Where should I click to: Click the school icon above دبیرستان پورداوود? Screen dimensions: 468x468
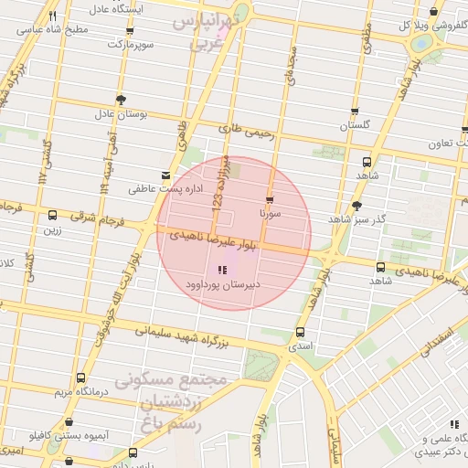pyautogui.click(x=220, y=270)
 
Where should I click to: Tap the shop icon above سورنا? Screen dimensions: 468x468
pyautogui.click(x=269, y=199)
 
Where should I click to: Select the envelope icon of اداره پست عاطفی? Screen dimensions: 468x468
pyautogui.click(x=165, y=175)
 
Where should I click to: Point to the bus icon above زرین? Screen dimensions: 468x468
pyautogui.click(x=52, y=216)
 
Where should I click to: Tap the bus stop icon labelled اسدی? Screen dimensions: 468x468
pyautogui.click(x=301, y=333)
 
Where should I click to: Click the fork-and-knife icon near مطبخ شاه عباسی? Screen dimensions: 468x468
pyautogui.click(x=52, y=16)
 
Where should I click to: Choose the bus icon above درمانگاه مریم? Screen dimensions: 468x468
pyautogui.click(x=81, y=377)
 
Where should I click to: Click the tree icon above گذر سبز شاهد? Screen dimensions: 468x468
pyautogui.click(x=356, y=206)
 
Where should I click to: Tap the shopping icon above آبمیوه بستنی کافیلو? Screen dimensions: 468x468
pyautogui.click(x=69, y=423)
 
